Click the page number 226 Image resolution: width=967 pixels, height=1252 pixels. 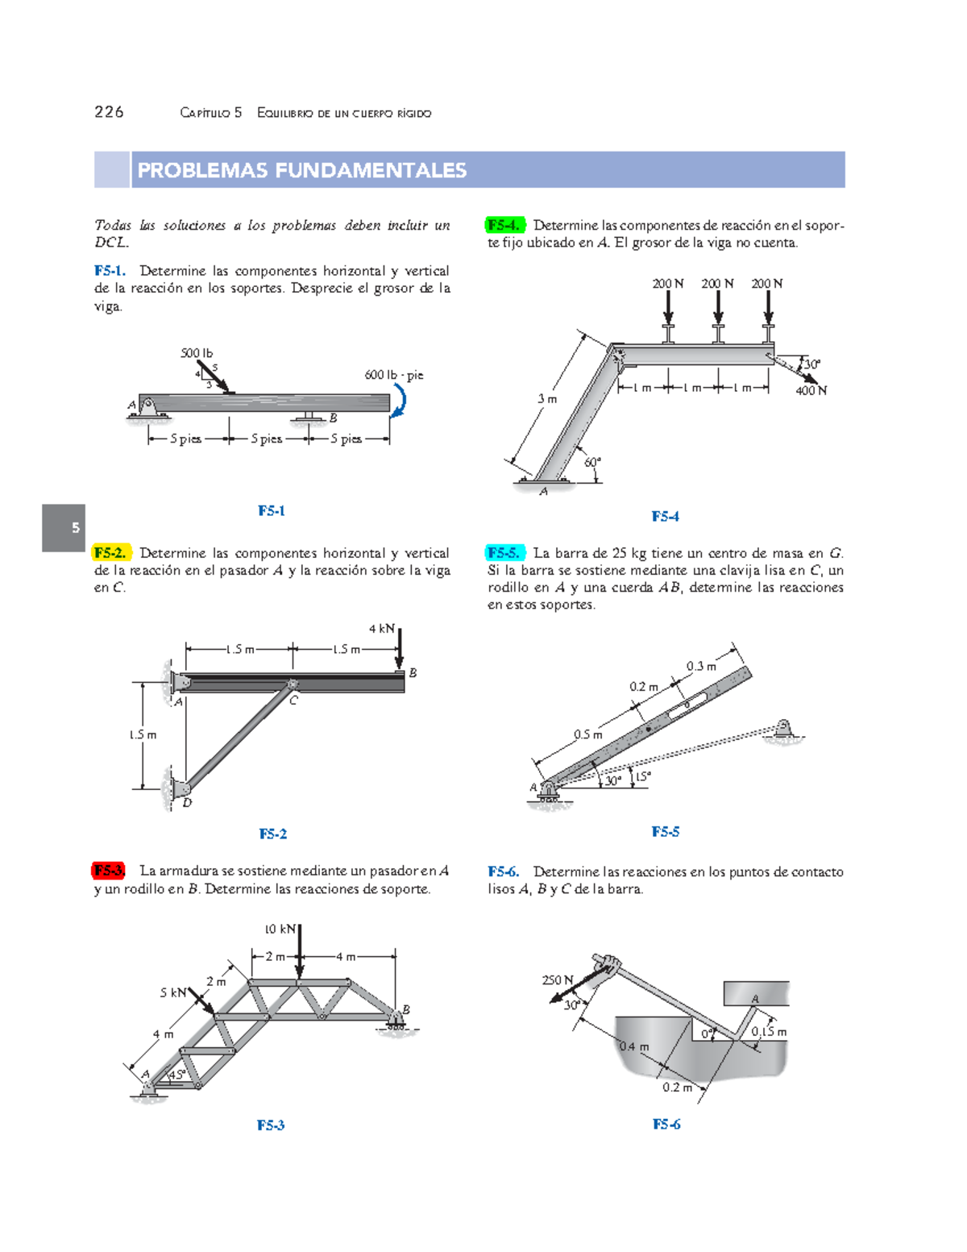(x=109, y=112)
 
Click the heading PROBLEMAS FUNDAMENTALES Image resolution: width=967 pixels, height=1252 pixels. (x=302, y=170)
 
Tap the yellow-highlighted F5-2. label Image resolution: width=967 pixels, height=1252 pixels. (x=110, y=553)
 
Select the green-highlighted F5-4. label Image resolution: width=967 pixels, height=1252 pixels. (x=504, y=225)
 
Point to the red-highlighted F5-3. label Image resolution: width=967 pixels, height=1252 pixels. (x=109, y=871)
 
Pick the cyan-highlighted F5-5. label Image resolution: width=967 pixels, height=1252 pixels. (x=504, y=553)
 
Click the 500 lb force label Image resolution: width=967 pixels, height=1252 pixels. (x=197, y=353)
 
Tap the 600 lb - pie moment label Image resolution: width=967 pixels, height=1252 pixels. (x=393, y=375)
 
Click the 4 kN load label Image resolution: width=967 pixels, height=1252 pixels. (x=381, y=629)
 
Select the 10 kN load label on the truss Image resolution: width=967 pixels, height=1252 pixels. (x=280, y=929)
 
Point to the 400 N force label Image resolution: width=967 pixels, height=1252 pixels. (x=811, y=391)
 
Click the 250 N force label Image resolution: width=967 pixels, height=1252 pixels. (x=557, y=980)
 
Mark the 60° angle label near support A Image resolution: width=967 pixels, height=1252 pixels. (x=592, y=462)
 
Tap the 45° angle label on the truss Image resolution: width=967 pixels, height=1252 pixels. (x=177, y=1074)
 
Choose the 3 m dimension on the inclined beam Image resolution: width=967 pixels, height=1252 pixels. (x=547, y=399)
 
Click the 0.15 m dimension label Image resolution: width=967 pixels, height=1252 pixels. (x=769, y=1032)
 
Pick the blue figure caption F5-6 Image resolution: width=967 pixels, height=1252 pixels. (x=666, y=1124)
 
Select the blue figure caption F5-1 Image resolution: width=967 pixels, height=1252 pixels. (x=272, y=510)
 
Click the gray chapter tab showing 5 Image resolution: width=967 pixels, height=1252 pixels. (x=64, y=528)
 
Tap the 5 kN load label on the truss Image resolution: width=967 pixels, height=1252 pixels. (x=173, y=992)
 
